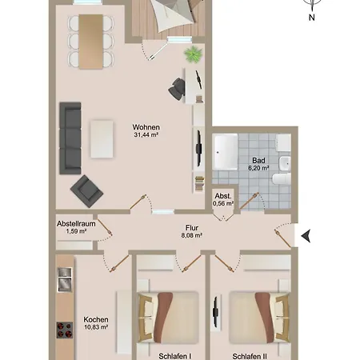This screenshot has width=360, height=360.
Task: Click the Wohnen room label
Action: (x=147, y=127)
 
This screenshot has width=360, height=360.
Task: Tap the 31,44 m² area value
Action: (x=147, y=135)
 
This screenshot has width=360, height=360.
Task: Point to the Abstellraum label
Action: (x=75, y=224)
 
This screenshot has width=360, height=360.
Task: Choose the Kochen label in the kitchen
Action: (x=95, y=320)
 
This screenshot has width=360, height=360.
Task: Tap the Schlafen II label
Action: (x=250, y=356)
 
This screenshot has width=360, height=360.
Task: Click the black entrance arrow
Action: (x=305, y=234)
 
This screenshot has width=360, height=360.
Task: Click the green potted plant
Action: (x=193, y=54)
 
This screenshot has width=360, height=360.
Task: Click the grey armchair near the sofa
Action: (x=86, y=189)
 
